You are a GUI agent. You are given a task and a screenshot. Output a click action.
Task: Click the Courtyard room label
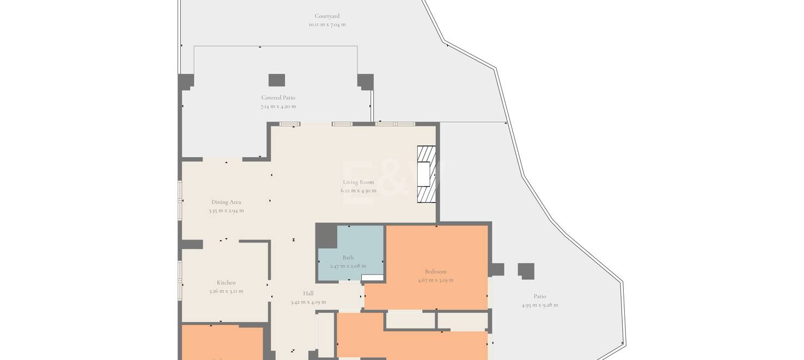[x=327, y=16]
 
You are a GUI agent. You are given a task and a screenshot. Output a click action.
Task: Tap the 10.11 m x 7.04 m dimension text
[x=327, y=25]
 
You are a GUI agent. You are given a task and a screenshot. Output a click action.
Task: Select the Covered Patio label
[x=278, y=98]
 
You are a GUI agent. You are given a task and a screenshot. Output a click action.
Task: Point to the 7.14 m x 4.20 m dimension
[x=278, y=107]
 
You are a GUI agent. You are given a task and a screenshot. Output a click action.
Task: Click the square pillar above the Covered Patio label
[x=277, y=80]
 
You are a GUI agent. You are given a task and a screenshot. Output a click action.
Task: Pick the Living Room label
[x=358, y=182]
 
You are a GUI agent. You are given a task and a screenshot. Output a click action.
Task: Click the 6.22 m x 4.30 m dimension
[x=358, y=191]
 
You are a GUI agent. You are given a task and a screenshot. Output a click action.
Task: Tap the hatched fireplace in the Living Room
[x=427, y=174]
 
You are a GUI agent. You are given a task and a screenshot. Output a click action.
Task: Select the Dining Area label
[x=226, y=202]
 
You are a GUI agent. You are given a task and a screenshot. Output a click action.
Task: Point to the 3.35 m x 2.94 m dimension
[x=226, y=211]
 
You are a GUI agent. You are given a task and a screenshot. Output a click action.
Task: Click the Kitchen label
[x=226, y=283]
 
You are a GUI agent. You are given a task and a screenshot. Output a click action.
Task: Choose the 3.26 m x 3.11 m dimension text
[x=226, y=291]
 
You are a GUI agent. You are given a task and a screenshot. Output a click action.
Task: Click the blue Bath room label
[x=348, y=258]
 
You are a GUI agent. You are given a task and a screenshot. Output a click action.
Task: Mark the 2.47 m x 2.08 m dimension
[x=348, y=266]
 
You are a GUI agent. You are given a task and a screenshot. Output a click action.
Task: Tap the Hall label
[x=308, y=294]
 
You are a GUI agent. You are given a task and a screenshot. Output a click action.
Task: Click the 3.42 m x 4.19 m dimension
[x=308, y=302]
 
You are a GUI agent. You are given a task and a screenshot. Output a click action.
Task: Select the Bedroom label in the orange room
[x=436, y=272]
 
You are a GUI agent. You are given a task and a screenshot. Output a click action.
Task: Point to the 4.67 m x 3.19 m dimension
[x=436, y=280]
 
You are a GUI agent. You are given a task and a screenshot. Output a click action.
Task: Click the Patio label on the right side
[x=540, y=297]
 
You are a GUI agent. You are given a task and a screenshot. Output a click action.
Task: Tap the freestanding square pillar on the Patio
[x=526, y=271]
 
